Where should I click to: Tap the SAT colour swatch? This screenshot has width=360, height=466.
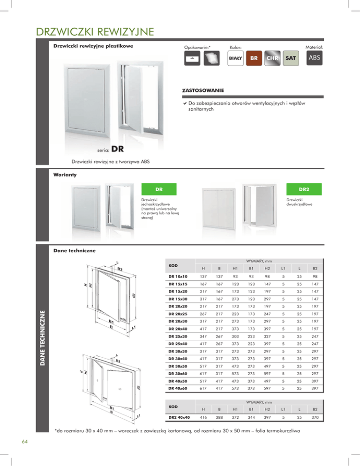292,59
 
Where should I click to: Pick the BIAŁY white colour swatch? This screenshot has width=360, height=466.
235,59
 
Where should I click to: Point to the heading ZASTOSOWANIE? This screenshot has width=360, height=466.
203,89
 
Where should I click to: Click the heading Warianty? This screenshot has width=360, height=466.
63,175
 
